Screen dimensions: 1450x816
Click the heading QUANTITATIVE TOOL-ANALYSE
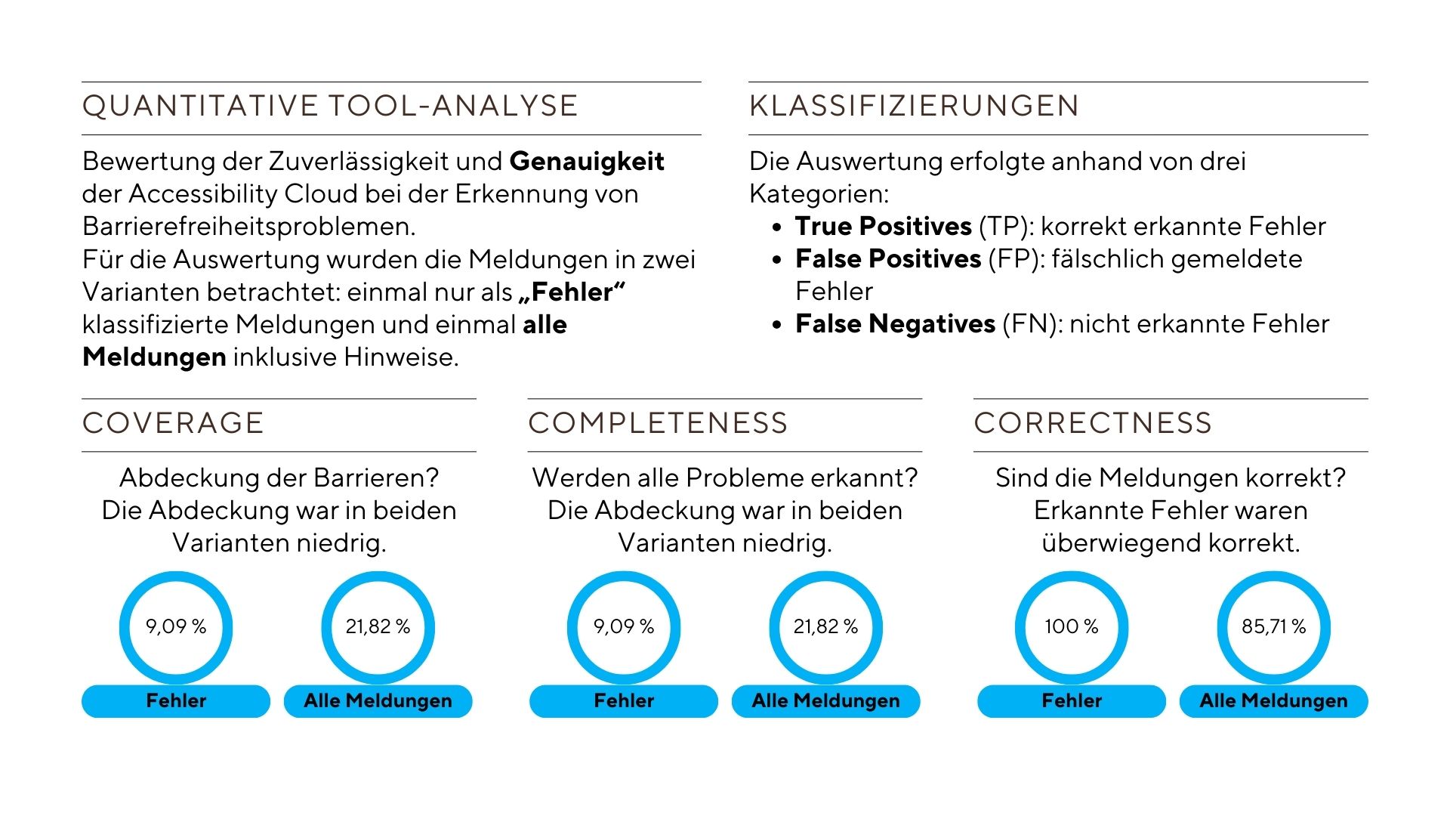tap(330, 106)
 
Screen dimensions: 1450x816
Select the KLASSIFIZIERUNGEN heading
tap(914, 106)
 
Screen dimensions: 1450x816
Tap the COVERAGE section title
tap(173, 423)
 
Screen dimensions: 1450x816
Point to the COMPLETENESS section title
tap(658, 423)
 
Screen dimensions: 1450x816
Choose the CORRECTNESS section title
tap(1093, 423)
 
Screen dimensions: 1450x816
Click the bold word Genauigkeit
tap(587, 162)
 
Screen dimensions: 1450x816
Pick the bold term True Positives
tap(883, 226)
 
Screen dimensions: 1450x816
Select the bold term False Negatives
tap(895, 323)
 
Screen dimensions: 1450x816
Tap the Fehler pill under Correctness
tap(1072, 701)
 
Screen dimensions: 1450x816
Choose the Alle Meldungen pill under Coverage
tap(378, 701)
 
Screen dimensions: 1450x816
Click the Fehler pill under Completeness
tap(624, 701)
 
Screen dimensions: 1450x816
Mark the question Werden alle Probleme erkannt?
tap(725, 478)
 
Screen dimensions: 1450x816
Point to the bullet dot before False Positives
tap(777, 260)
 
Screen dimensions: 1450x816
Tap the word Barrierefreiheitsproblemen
tap(249, 227)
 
